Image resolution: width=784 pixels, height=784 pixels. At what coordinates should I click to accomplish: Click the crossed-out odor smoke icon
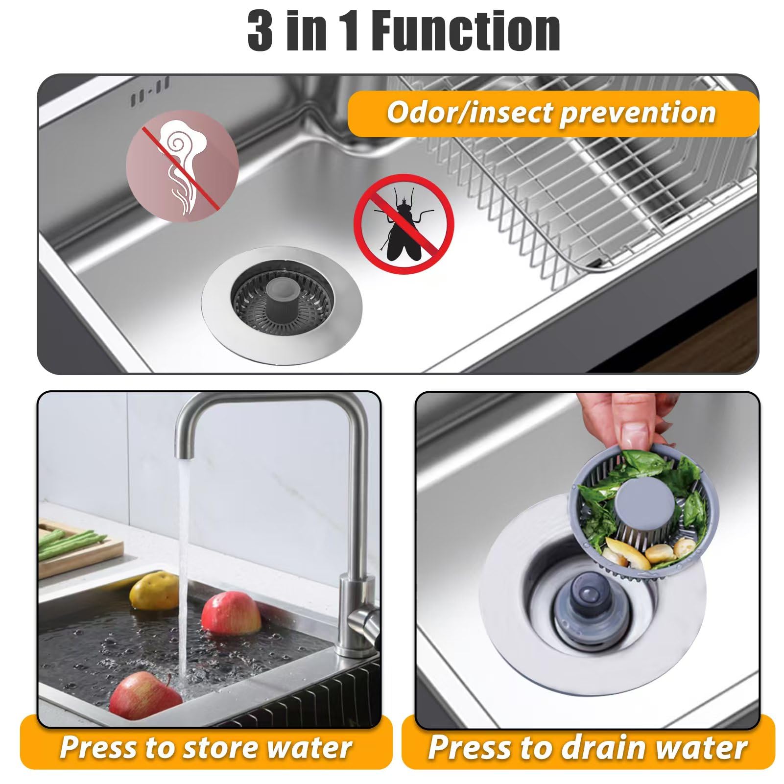(182, 166)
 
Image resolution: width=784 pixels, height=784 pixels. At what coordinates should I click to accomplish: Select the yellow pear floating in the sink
(153, 591)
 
